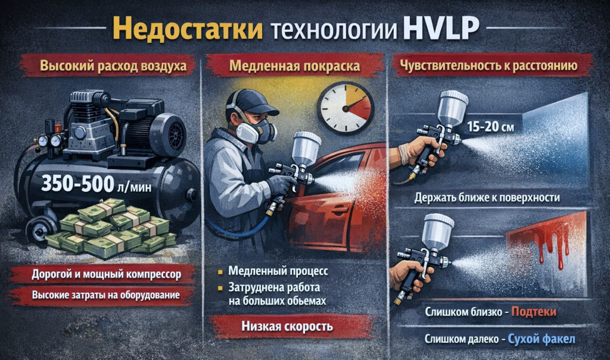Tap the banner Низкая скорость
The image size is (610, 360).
click(x=287, y=327)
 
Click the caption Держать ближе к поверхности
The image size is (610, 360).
click(x=496, y=198)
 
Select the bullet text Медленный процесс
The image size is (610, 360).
click(x=278, y=271)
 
